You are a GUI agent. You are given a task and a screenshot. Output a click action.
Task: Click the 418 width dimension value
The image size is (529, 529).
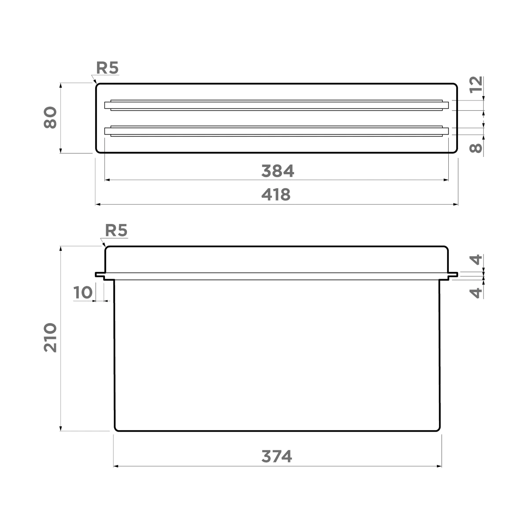pos(276,194)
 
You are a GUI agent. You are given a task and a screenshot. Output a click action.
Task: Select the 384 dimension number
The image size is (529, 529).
pos(277,171)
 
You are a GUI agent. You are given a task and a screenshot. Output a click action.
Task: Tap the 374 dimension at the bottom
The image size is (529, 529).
pos(277,456)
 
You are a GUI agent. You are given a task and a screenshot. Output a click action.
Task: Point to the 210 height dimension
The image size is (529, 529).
pos(51,337)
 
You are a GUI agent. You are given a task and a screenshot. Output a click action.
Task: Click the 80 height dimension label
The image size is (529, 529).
pos(51,118)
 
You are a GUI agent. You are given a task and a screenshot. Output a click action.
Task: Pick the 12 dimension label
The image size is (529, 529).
pos(476,84)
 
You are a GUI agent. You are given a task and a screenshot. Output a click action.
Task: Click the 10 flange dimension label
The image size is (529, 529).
pos(82,292)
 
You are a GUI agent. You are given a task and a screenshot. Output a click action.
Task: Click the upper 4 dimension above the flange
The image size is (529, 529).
pos(476,260)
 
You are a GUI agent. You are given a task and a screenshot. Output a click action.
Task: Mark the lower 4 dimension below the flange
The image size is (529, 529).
pos(476,292)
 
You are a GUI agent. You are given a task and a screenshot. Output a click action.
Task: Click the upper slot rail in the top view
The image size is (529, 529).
pos(276,105)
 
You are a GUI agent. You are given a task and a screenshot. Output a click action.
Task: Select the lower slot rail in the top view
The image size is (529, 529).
pos(276,131)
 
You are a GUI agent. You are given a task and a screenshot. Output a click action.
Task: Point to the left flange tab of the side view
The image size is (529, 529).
pos(100,275)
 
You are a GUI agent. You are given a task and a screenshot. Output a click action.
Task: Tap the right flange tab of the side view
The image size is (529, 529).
pos(453,275)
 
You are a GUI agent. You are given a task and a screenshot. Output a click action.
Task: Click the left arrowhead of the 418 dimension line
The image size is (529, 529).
pos(98,205)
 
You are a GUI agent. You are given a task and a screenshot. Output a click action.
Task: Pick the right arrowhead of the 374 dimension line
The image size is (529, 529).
pos(439,466)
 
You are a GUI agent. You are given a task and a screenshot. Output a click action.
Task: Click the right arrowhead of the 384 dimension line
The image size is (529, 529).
pos(446,180)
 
